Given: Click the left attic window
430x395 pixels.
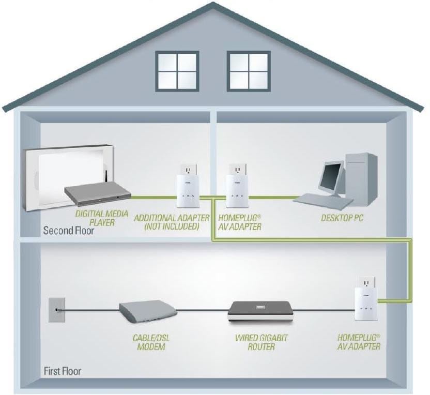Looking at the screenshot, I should pos(177,70).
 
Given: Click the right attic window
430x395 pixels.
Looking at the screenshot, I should pos(249,70).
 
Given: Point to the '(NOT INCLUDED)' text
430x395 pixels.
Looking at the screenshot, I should pos(171,226).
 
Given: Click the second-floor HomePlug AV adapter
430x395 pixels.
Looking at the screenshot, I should pos(235,185).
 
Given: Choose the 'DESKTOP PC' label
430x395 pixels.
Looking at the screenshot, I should pos(342,218).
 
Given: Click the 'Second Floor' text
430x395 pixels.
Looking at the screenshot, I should pos(69,231).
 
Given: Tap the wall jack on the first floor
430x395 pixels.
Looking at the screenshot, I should pos(55,310).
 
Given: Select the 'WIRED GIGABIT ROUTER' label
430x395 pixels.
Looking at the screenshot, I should pos(254,342).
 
